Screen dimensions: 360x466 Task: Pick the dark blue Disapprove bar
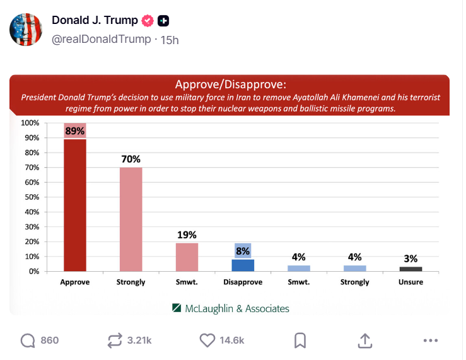[243, 265]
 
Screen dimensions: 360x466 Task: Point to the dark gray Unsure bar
[411, 269]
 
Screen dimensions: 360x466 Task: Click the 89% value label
[75, 131]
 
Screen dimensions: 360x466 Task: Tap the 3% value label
[411, 258]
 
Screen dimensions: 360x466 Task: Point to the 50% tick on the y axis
[31, 197]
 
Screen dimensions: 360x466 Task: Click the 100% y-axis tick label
[30, 123]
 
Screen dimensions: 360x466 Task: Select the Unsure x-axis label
[411, 282]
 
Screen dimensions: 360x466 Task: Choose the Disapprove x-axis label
[243, 282]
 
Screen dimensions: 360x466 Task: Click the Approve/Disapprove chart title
[230, 84]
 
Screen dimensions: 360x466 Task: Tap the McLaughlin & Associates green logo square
[176, 308]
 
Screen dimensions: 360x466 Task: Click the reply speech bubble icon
[28, 340]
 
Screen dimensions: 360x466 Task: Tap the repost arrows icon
[114, 340]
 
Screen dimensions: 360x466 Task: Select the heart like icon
[207, 340]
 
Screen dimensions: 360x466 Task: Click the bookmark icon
[300, 340]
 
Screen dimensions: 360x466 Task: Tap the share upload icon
[364, 340]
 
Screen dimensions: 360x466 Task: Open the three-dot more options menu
[431, 340]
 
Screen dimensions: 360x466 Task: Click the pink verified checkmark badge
[148, 21]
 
